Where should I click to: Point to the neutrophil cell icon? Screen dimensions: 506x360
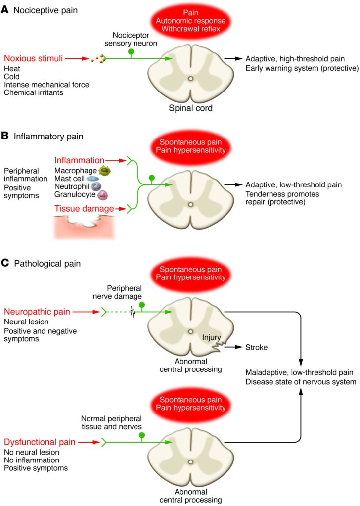(x=96, y=187)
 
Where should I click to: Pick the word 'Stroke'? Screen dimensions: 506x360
(x=256, y=348)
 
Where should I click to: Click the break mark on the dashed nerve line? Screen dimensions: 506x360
(x=133, y=312)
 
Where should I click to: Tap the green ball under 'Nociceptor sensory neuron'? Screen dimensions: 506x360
(x=131, y=51)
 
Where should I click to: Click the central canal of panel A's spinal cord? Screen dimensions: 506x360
(x=190, y=78)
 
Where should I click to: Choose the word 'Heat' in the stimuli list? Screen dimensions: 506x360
(x=11, y=68)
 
